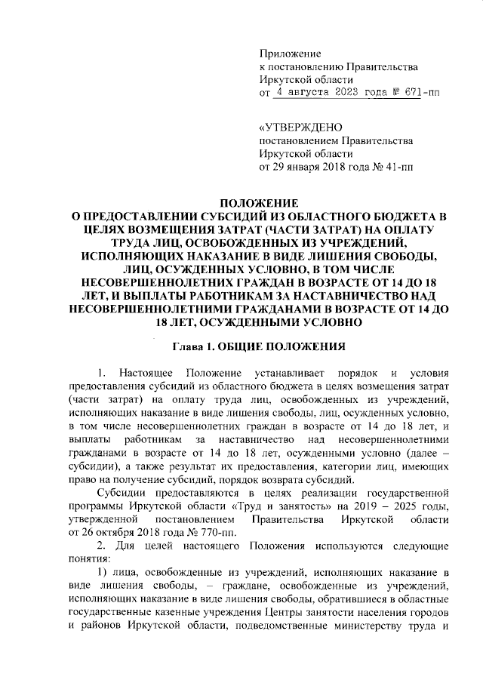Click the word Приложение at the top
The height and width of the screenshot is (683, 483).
(x=290, y=54)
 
